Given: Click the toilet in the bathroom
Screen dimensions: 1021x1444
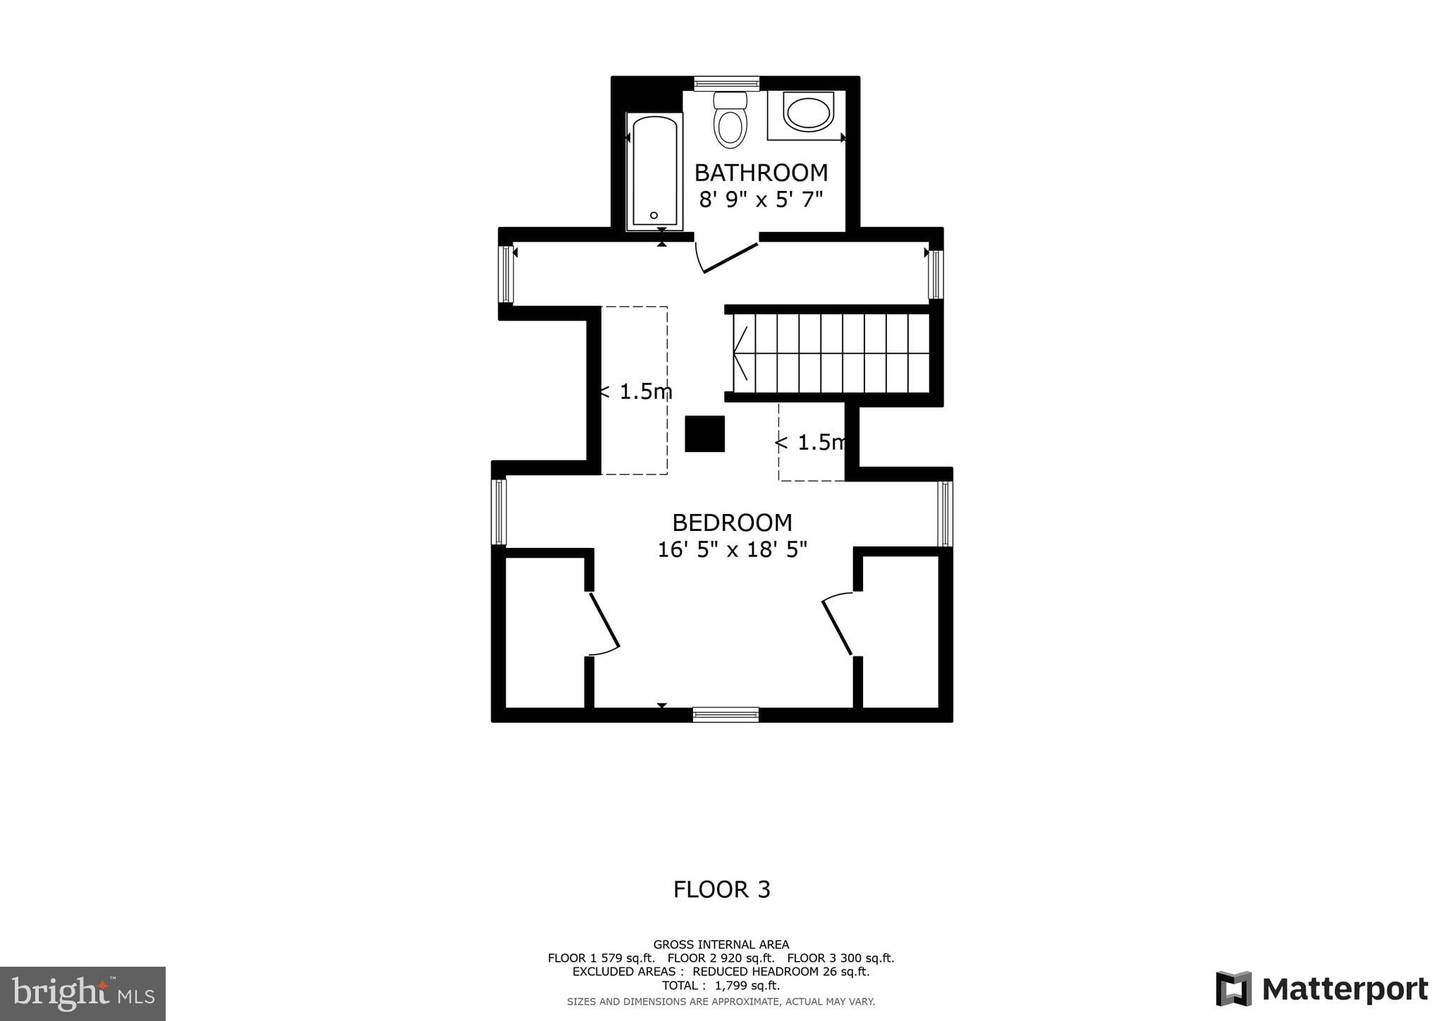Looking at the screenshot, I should click(x=730, y=122).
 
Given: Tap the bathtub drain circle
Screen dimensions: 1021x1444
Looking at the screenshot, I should click(x=654, y=215).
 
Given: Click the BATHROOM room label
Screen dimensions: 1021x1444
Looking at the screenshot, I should click(x=761, y=173).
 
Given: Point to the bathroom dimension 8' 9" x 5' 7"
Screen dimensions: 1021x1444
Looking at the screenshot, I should click(x=761, y=200).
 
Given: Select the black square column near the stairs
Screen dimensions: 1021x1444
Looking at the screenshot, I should click(x=704, y=434).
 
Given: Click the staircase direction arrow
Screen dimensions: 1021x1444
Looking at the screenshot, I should click(x=740, y=353).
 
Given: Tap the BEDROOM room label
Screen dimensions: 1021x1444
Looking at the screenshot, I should click(x=732, y=522).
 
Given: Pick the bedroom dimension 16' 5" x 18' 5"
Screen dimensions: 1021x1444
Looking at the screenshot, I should click(x=732, y=549).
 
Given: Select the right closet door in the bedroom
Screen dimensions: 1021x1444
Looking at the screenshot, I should click(x=838, y=623).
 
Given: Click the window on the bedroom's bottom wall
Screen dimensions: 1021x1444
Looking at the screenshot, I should click(x=726, y=714).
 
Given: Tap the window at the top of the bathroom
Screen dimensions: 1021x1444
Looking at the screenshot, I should click(x=726, y=84).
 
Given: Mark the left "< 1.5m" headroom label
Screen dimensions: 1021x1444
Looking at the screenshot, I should click(x=635, y=391).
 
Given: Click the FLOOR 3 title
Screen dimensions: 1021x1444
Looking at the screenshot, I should click(x=721, y=890).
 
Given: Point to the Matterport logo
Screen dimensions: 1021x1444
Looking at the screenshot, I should click(x=1321, y=989).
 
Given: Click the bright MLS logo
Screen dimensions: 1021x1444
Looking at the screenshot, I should click(x=82, y=994).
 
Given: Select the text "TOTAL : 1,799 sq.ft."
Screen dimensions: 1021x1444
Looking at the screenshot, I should click(x=721, y=986).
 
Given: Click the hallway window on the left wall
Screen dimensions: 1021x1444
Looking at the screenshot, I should click(x=506, y=274).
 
